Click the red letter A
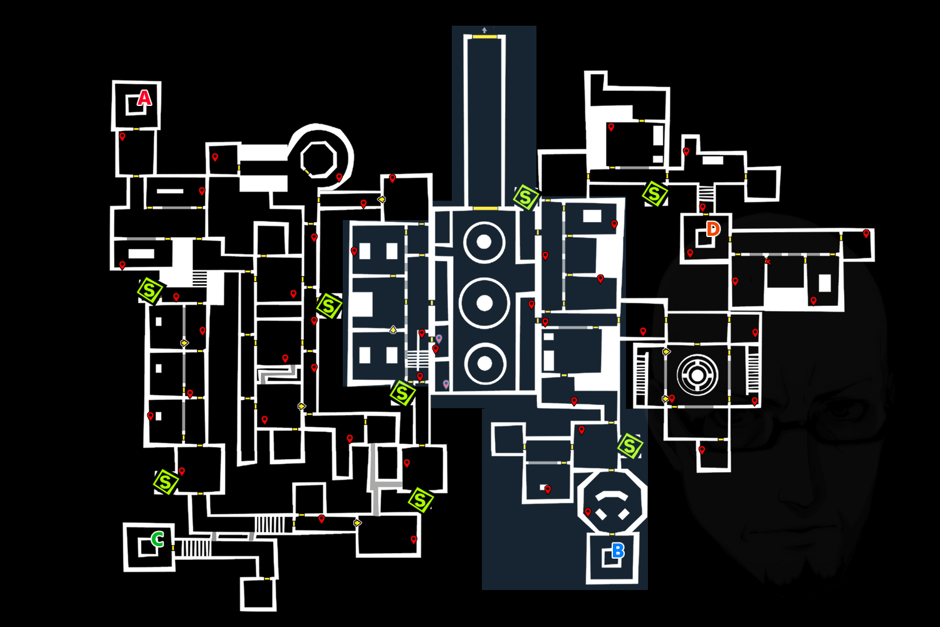pos(144,98)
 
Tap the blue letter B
pos(618,551)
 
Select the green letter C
pos(158,539)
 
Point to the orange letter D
pos(713,229)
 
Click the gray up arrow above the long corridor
pos(484,29)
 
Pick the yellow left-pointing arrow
pos(381,199)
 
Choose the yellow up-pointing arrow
pos(393,329)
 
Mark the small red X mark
pos(767,261)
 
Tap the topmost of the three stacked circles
pos(484,243)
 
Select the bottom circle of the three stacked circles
pos(484,363)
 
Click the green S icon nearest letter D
pos(654,193)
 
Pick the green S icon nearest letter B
pos(630,446)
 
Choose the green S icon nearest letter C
pos(166,482)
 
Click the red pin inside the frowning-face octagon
pos(588,512)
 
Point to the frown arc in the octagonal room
pos(612,495)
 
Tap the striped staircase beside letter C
pos(196,547)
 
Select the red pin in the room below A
pos(122,136)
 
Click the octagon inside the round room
pos(319,158)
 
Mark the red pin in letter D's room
pos(690,253)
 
